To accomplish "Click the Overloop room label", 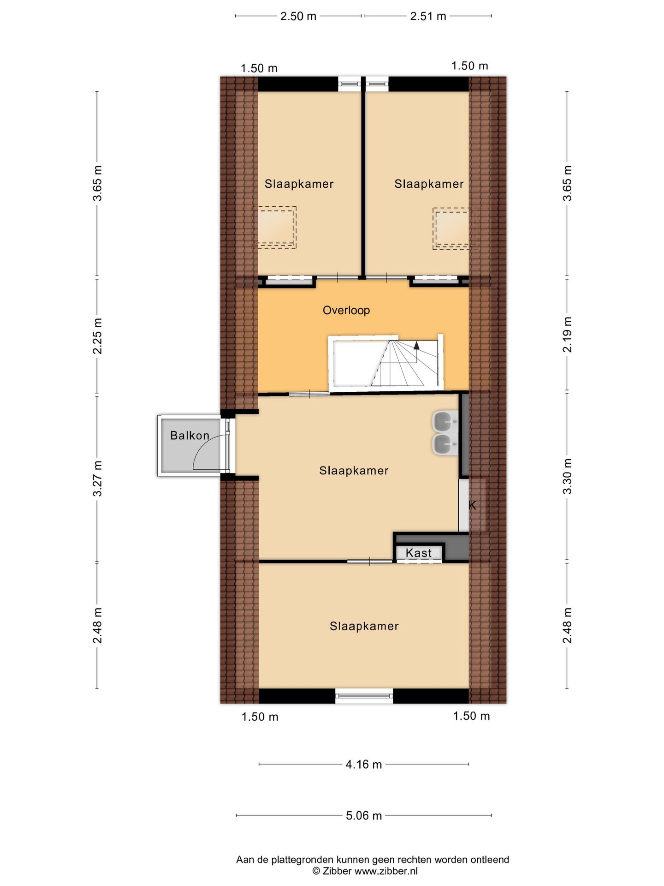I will tap(346, 310).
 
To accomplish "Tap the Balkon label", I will tap(190, 435).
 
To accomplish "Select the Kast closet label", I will tap(419, 552).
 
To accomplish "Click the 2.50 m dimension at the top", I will tap(298, 16).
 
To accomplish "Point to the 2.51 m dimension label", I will tap(428, 16).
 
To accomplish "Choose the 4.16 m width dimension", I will tap(364, 764).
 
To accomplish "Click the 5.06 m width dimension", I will tap(364, 815).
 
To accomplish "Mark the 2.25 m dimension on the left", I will tap(97, 335).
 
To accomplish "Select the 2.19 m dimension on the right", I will tap(567, 335).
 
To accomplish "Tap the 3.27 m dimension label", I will tap(97, 479).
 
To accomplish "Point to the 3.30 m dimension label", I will tap(567, 476).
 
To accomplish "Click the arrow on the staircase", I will tap(417, 345).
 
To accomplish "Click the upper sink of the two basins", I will tap(445, 420).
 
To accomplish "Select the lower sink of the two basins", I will tap(445, 444).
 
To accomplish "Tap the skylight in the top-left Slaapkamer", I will tap(276, 227).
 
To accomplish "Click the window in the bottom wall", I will tap(364, 695).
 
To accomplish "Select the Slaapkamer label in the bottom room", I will tap(364, 626).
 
